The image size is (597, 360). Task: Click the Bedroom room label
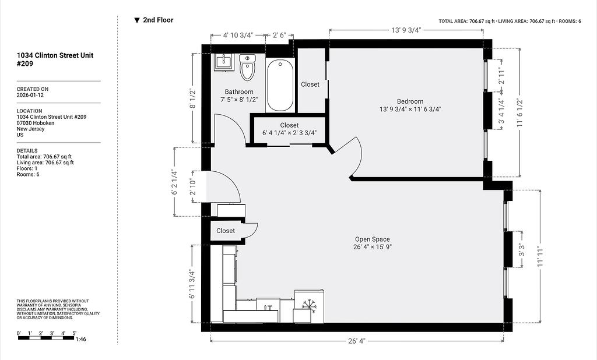pos(410,101)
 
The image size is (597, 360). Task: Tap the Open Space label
pos(373,239)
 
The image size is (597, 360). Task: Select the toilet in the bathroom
pos(247,67)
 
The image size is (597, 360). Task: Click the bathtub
pos(280,86)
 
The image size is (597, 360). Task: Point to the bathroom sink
pos(224,62)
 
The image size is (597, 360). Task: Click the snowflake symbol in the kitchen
pos(310,306)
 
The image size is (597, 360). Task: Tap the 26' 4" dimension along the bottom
pos(356,341)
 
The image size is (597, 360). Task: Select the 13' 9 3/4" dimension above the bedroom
pos(406,30)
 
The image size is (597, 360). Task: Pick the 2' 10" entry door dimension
pos(192,187)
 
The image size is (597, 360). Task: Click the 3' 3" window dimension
pos(521,250)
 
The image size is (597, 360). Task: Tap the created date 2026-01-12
pos(30,95)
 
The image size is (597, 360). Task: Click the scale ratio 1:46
pos(80,339)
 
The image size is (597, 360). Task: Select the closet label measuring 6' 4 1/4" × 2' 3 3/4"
pos(289,129)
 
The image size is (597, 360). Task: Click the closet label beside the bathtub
pos(310,84)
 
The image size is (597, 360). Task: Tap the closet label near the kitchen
pos(226,231)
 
